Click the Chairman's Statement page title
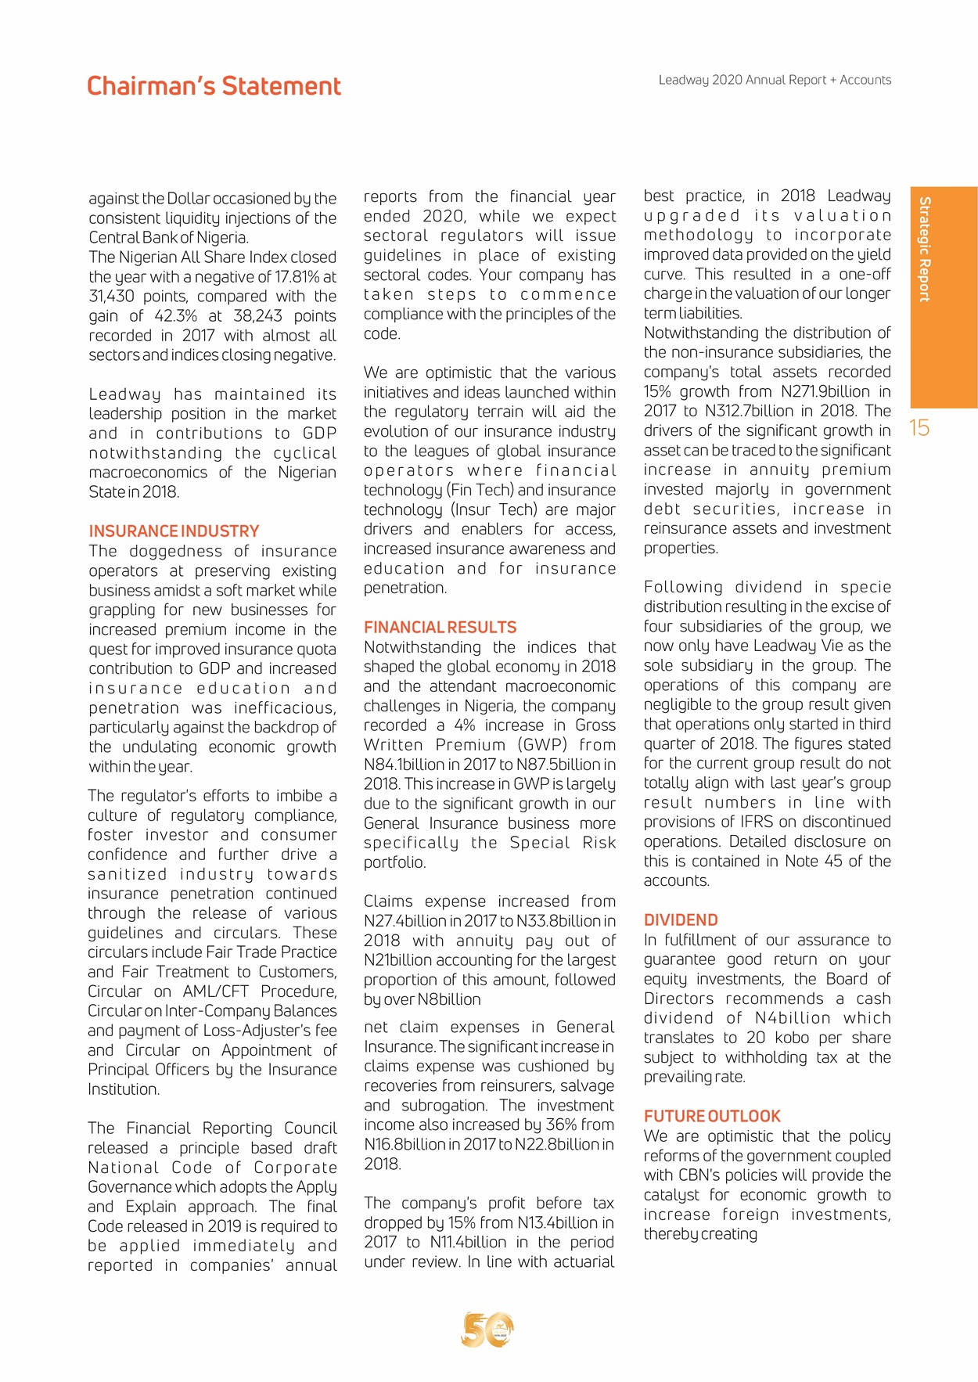[x=214, y=86]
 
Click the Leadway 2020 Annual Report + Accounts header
[x=775, y=80]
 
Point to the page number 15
[x=919, y=427]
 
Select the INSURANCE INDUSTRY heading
[x=174, y=531]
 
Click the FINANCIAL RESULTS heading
[x=440, y=628]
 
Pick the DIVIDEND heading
[x=681, y=920]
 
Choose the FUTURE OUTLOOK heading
[x=712, y=1117]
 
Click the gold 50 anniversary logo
[x=487, y=1330]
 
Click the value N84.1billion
[x=405, y=765]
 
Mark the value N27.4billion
[x=405, y=921]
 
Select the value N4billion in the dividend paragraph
[x=793, y=1018]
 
